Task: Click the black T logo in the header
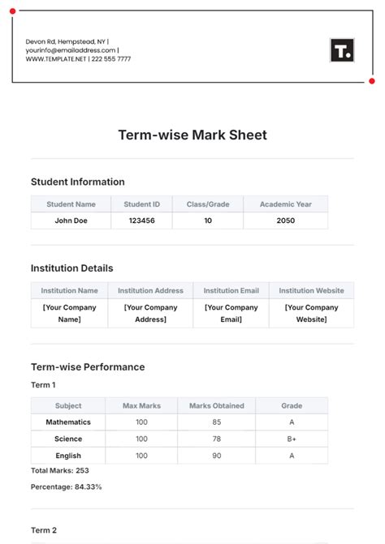(x=342, y=50)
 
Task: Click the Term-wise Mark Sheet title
(x=192, y=135)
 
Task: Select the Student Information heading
(x=77, y=182)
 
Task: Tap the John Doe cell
(x=71, y=221)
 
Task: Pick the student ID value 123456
(x=141, y=221)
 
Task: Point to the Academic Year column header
(x=285, y=204)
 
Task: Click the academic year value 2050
(x=285, y=221)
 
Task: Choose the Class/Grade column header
(x=207, y=204)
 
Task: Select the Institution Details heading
(x=71, y=268)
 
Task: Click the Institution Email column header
(x=231, y=290)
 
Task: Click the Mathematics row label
(x=68, y=422)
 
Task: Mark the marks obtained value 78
(x=216, y=439)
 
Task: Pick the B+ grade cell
(x=292, y=439)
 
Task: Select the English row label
(x=68, y=456)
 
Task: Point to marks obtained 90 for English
(x=216, y=456)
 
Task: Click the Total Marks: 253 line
(x=59, y=470)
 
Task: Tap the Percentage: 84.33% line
(x=66, y=486)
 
